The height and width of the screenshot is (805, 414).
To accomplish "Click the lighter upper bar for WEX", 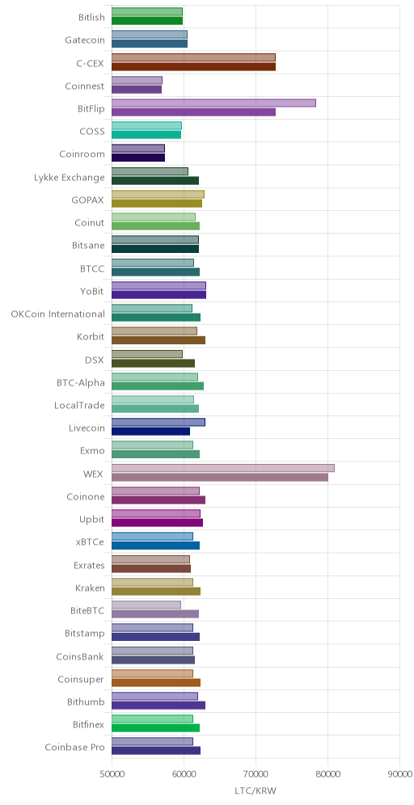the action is pyautogui.click(x=223, y=468).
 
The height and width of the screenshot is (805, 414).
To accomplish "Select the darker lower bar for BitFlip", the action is pyautogui.click(x=193, y=112).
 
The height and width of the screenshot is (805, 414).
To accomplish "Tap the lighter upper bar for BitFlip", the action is pyautogui.click(x=213, y=103).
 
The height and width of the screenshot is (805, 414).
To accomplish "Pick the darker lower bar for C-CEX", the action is pyautogui.click(x=193, y=66).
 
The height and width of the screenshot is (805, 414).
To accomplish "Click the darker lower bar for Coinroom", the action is pyautogui.click(x=138, y=158).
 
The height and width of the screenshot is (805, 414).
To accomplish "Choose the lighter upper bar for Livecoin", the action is pyautogui.click(x=158, y=422).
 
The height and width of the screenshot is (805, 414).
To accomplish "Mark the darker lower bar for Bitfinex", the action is pyautogui.click(x=155, y=727).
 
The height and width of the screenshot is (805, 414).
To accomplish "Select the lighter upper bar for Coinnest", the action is pyautogui.click(x=137, y=80).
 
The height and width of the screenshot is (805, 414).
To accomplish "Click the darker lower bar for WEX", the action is pyautogui.click(x=220, y=478).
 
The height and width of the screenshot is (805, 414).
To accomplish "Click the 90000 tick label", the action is pyautogui.click(x=399, y=773).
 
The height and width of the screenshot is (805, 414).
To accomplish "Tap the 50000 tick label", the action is pyautogui.click(x=112, y=773).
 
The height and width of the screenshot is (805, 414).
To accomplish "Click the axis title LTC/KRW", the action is pyautogui.click(x=256, y=790).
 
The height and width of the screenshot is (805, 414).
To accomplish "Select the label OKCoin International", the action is pyautogui.click(x=58, y=314).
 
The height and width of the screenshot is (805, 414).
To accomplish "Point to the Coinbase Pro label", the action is pyautogui.click(x=75, y=747).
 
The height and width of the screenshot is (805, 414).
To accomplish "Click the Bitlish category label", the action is pyautogui.click(x=92, y=18).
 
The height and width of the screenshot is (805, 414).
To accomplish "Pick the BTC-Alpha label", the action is pyautogui.click(x=81, y=382).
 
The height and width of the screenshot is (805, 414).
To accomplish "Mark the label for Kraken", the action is pyautogui.click(x=90, y=588).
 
